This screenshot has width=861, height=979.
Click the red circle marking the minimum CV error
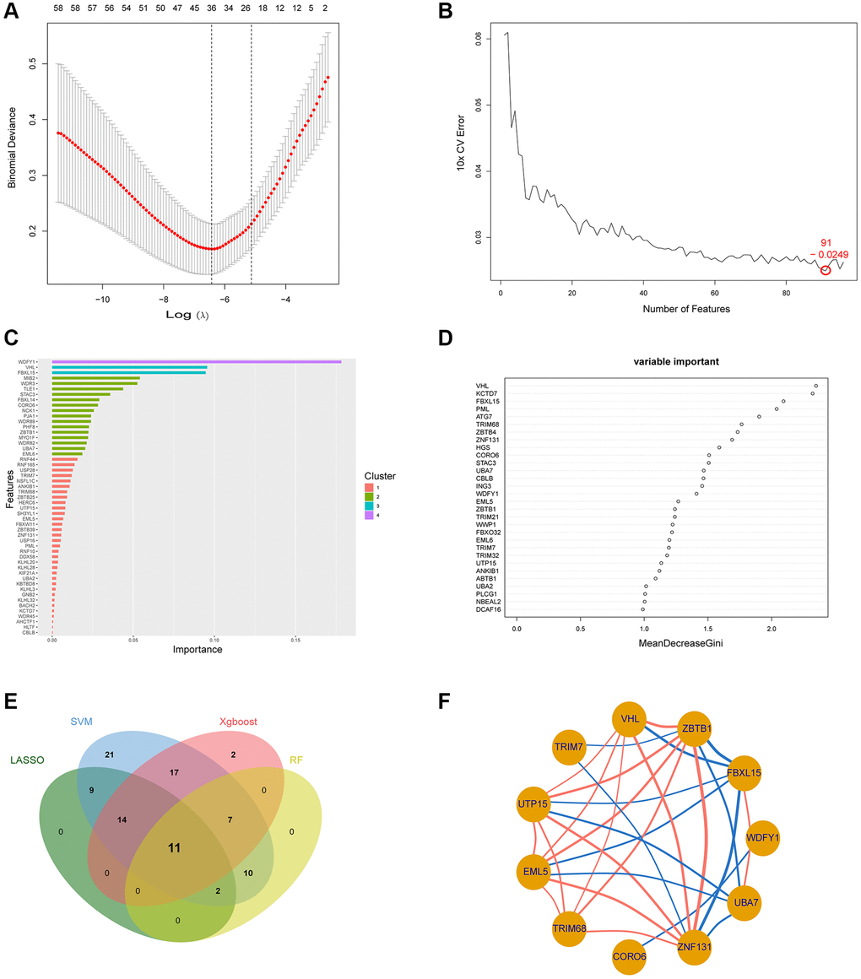[826, 270]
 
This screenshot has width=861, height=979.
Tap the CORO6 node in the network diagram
[630, 956]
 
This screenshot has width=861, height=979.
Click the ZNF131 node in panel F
[692, 947]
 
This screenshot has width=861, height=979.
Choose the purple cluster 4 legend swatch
[370, 515]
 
